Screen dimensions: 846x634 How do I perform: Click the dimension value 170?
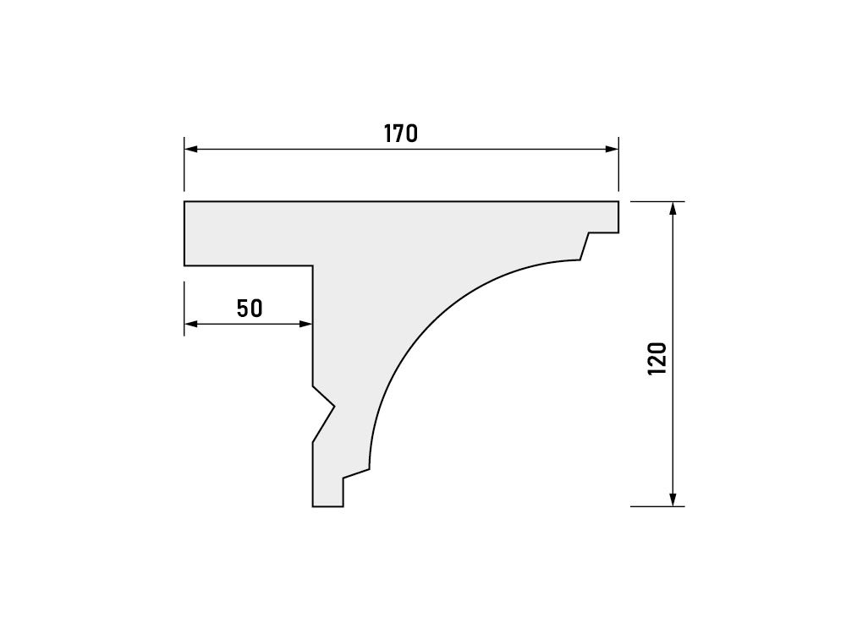401,134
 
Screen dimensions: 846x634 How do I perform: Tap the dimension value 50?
250,309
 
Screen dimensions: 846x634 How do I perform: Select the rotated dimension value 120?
657,358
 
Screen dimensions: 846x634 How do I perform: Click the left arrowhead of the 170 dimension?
190,150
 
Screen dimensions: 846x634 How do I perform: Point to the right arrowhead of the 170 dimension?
612,150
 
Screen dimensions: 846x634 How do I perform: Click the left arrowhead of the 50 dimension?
190,324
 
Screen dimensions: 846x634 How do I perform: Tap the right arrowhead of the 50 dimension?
306,324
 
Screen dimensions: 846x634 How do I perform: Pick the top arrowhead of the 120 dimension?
673,208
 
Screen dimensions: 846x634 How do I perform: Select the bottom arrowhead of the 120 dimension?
673,500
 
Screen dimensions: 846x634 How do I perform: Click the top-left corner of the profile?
184,202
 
